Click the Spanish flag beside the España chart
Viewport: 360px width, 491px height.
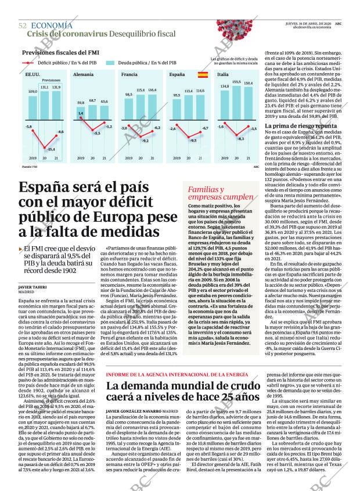click(x=203, y=75)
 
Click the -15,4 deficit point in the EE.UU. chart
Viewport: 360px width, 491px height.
click(x=44, y=147)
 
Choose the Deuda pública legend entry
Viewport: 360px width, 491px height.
click(x=142, y=62)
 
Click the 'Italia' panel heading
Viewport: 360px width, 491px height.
click(x=223, y=75)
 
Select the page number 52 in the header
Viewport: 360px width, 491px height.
click(x=22, y=26)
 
